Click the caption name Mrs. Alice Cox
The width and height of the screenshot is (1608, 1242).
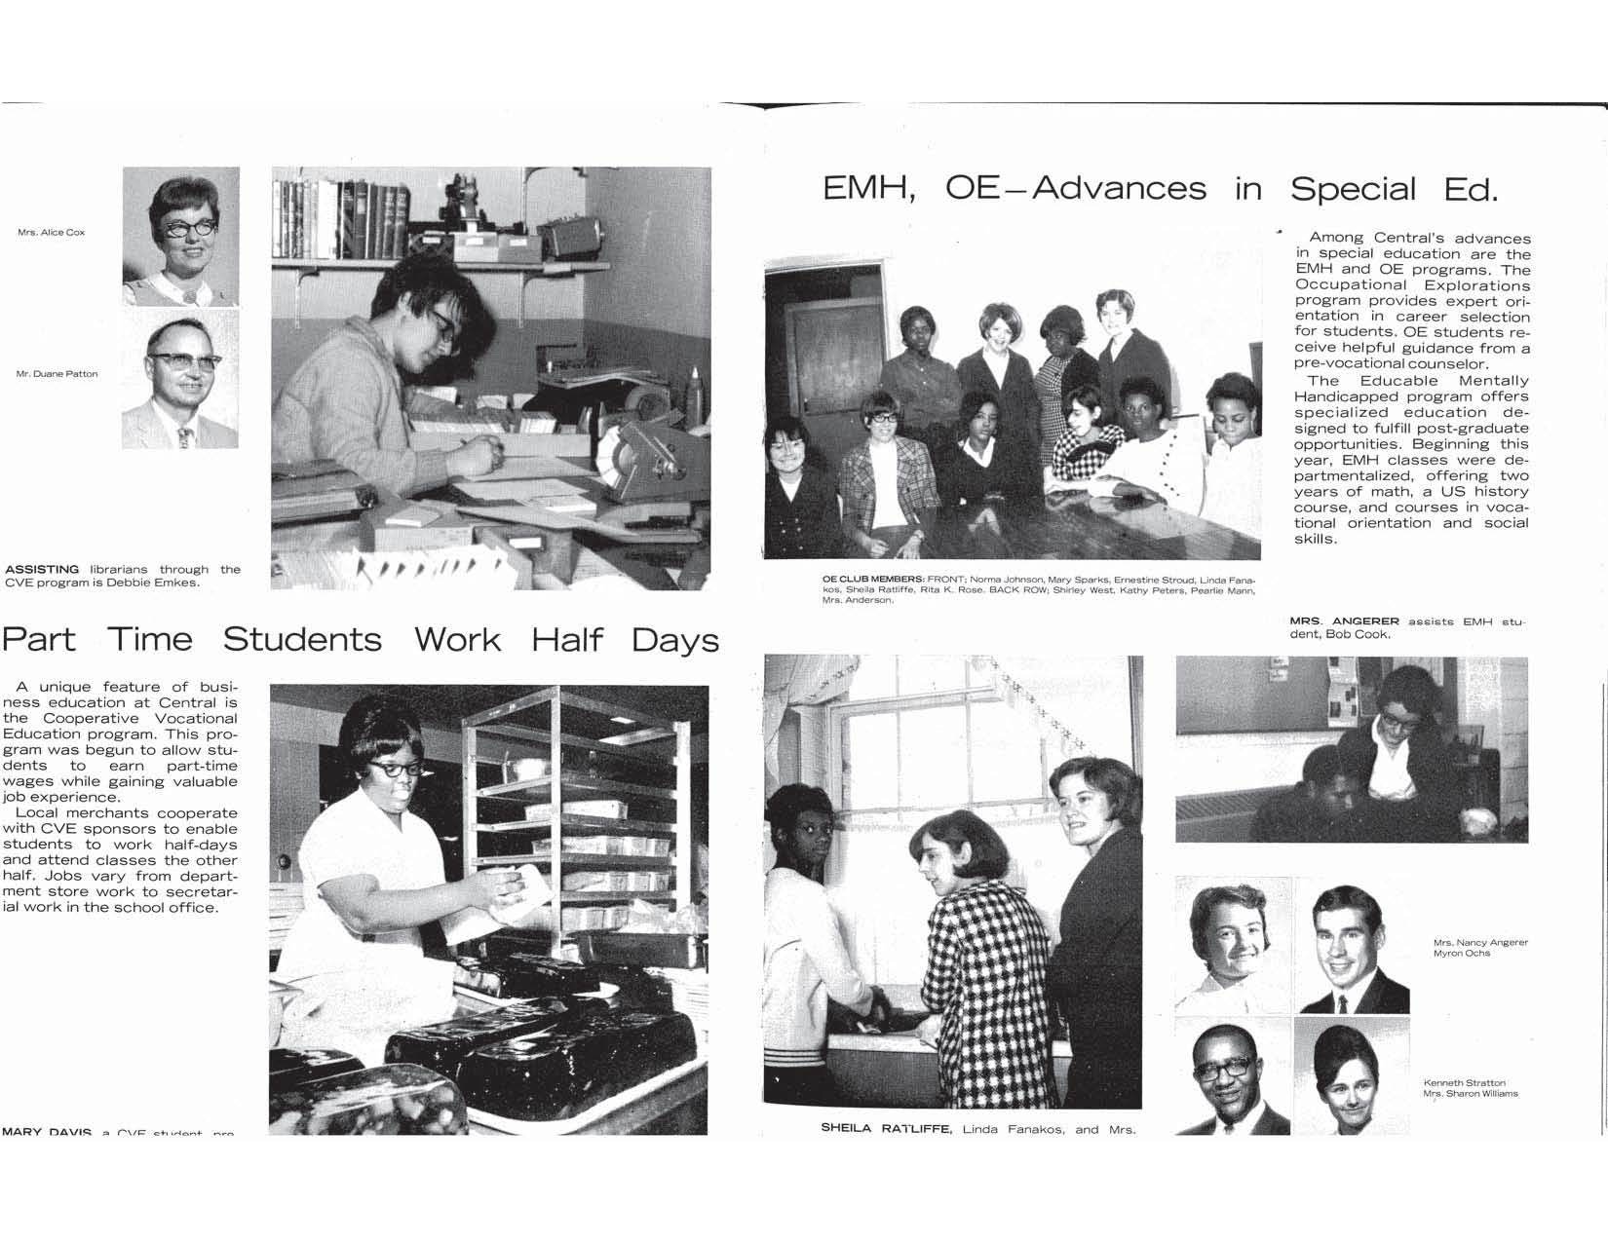click(x=52, y=233)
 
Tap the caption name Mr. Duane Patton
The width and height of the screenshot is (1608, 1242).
click(x=57, y=374)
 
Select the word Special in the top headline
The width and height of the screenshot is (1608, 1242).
click(x=1353, y=188)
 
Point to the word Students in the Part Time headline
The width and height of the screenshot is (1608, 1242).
click(x=302, y=640)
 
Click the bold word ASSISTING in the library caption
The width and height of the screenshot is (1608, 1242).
click(x=42, y=569)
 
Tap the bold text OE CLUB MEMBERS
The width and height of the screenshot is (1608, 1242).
click(x=872, y=579)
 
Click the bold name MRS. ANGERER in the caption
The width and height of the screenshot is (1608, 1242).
click(x=1344, y=621)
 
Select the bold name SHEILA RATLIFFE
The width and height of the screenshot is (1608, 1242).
click(x=885, y=1130)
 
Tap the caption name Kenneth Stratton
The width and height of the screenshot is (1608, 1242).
click(x=1464, y=1083)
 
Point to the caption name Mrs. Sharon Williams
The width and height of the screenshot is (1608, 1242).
click(x=1470, y=1094)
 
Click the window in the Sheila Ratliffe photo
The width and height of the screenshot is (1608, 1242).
click(x=936, y=745)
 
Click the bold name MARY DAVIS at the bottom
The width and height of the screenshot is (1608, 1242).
click(x=46, y=1132)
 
